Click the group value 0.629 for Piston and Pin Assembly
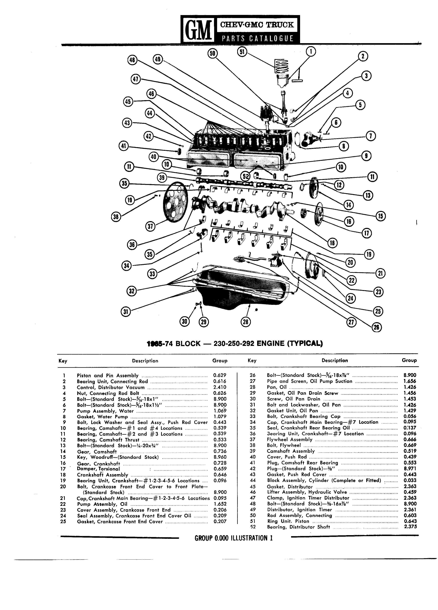220,375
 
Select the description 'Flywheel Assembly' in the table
290,439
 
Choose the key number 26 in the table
252,375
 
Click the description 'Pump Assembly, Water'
105,411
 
